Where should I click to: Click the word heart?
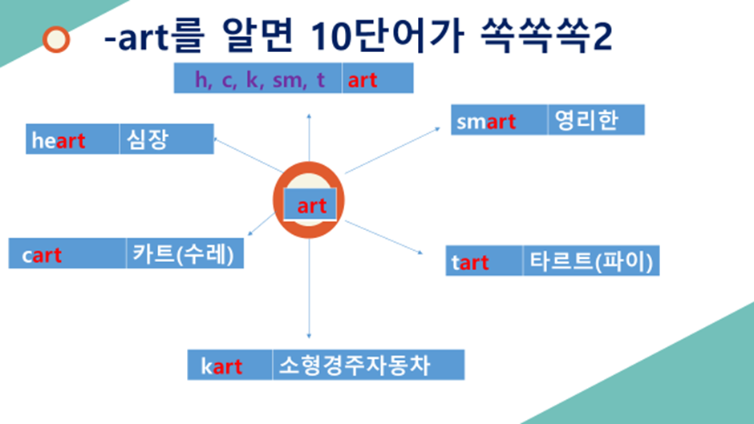tap(59, 141)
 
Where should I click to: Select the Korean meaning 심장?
tap(145, 140)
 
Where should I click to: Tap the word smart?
tap(487, 122)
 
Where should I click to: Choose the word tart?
tap(471, 262)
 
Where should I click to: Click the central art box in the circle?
tap(310, 206)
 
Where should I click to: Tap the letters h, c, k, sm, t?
tap(260, 80)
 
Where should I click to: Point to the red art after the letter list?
tap(363, 80)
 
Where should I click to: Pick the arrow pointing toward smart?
tap(393, 149)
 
